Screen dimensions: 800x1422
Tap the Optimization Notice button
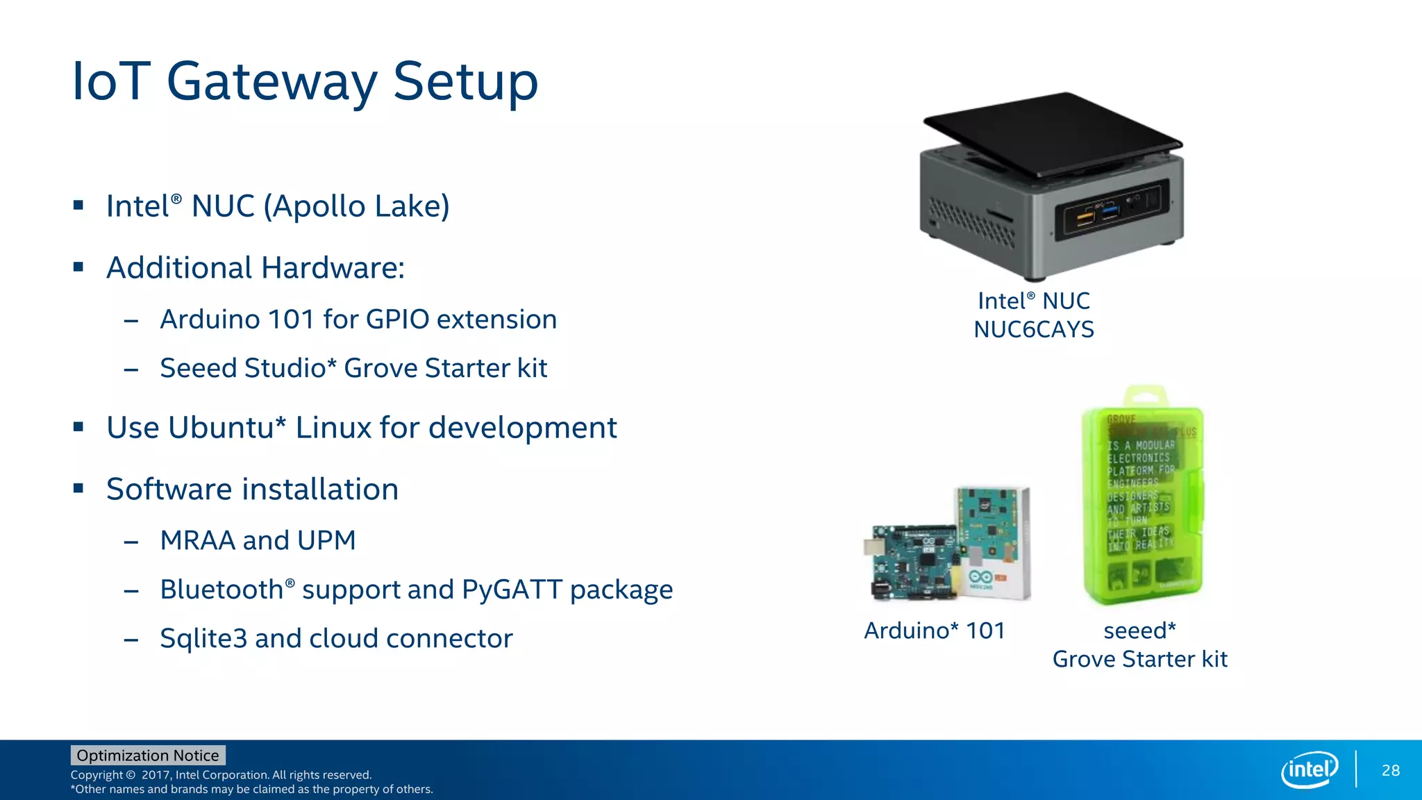[148, 756]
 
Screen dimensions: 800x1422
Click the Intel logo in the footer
[1309, 769]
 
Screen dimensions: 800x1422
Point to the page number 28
[1390, 770]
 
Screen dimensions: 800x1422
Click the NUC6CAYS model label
[1033, 329]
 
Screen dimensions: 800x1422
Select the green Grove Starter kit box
[1143, 500]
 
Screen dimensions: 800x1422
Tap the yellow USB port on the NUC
[1085, 218]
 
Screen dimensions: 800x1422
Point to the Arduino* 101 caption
[934, 631]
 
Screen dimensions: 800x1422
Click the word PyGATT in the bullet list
[512, 590]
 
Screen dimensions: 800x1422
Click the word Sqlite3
[203, 639]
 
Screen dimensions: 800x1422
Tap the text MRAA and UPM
[258, 540]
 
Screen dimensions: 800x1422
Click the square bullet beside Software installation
[78, 489]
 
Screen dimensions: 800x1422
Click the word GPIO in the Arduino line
[397, 319]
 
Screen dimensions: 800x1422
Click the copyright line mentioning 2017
[221, 775]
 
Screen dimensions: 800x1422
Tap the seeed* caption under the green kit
[1139, 631]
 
